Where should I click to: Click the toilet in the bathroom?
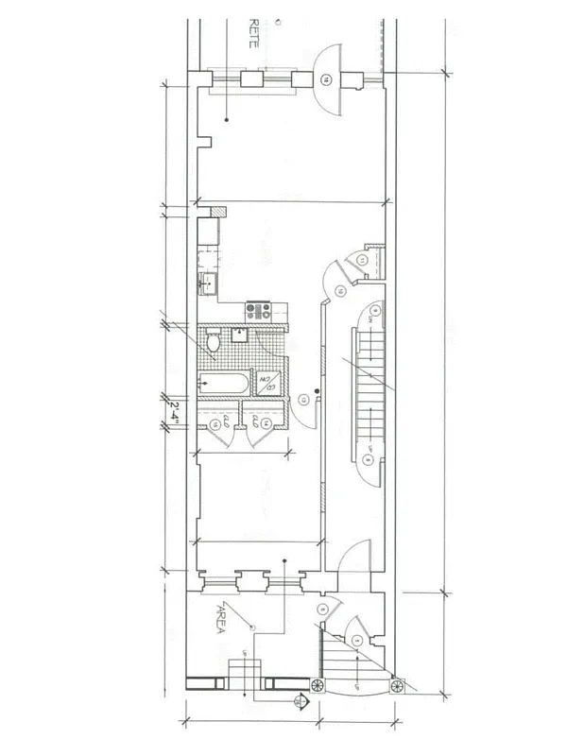point(214,347)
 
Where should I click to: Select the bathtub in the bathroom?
point(225,384)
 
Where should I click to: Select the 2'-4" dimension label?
point(174,412)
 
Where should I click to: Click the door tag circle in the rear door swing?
point(326,78)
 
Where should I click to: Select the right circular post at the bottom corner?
point(398,682)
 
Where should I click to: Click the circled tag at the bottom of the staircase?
point(368,460)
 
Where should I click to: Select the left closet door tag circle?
point(216,426)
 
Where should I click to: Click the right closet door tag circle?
point(266,426)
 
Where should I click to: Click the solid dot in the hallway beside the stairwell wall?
point(318,390)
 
